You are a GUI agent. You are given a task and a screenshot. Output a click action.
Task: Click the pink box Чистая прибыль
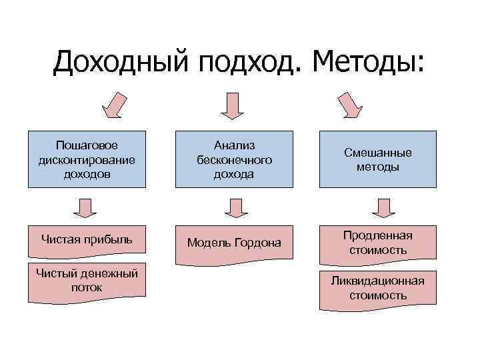(x=87, y=241)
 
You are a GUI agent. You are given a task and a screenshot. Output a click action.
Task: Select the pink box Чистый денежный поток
(x=87, y=279)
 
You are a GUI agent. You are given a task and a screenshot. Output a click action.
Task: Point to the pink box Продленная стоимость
(x=378, y=244)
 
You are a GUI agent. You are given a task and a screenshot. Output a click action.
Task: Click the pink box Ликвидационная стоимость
(x=378, y=287)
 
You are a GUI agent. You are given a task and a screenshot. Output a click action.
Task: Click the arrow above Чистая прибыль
(x=85, y=207)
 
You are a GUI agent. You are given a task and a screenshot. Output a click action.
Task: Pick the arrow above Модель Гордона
(x=235, y=207)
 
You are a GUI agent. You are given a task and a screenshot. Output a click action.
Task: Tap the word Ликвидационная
(x=378, y=281)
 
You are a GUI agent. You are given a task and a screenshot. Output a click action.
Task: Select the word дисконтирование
(x=87, y=160)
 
